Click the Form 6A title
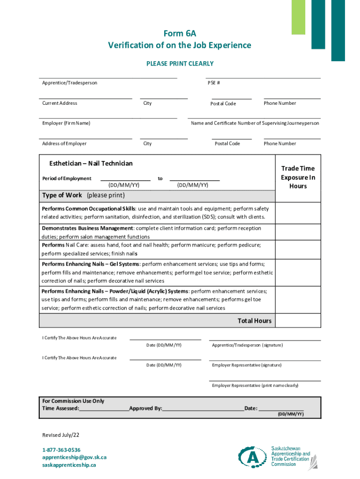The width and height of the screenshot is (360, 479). coord(180,34)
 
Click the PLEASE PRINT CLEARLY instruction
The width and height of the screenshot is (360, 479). coord(180,64)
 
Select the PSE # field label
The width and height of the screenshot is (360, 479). coord(214,83)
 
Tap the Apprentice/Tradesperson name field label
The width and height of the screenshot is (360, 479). coord(70,83)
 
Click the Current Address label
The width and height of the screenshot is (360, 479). coord(59,103)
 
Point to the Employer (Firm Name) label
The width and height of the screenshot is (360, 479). coord(66,123)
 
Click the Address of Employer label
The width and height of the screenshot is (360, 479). coord(64,144)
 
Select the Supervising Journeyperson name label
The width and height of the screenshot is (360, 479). coord(255,123)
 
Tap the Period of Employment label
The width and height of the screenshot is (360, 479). coord(67,179)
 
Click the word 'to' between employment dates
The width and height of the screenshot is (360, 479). coord(160,179)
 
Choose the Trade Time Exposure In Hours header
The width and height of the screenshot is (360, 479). coord(298,177)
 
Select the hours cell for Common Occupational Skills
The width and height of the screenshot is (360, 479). coord(298,212)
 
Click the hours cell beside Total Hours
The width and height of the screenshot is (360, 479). coord(298,320)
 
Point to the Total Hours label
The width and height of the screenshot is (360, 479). coord(254,321)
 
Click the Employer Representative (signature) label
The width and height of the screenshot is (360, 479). coord(246,365)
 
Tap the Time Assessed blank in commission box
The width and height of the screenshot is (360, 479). coord(104,408)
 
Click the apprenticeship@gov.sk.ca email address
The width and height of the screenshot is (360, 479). coord(74,457)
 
